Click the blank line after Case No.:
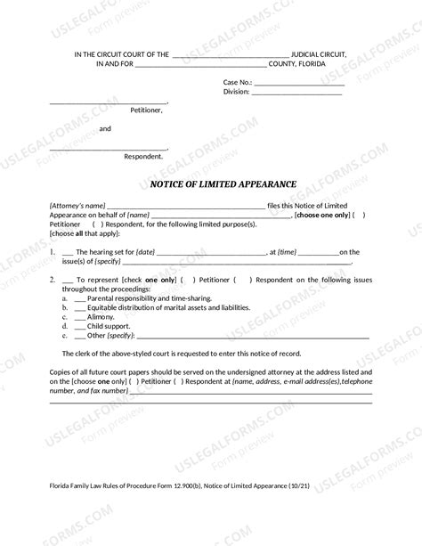[298, 82]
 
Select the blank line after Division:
[297, 92]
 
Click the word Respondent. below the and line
[143, 156]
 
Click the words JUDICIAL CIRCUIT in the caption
[321, 54]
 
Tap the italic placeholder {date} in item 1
[146, 253]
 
